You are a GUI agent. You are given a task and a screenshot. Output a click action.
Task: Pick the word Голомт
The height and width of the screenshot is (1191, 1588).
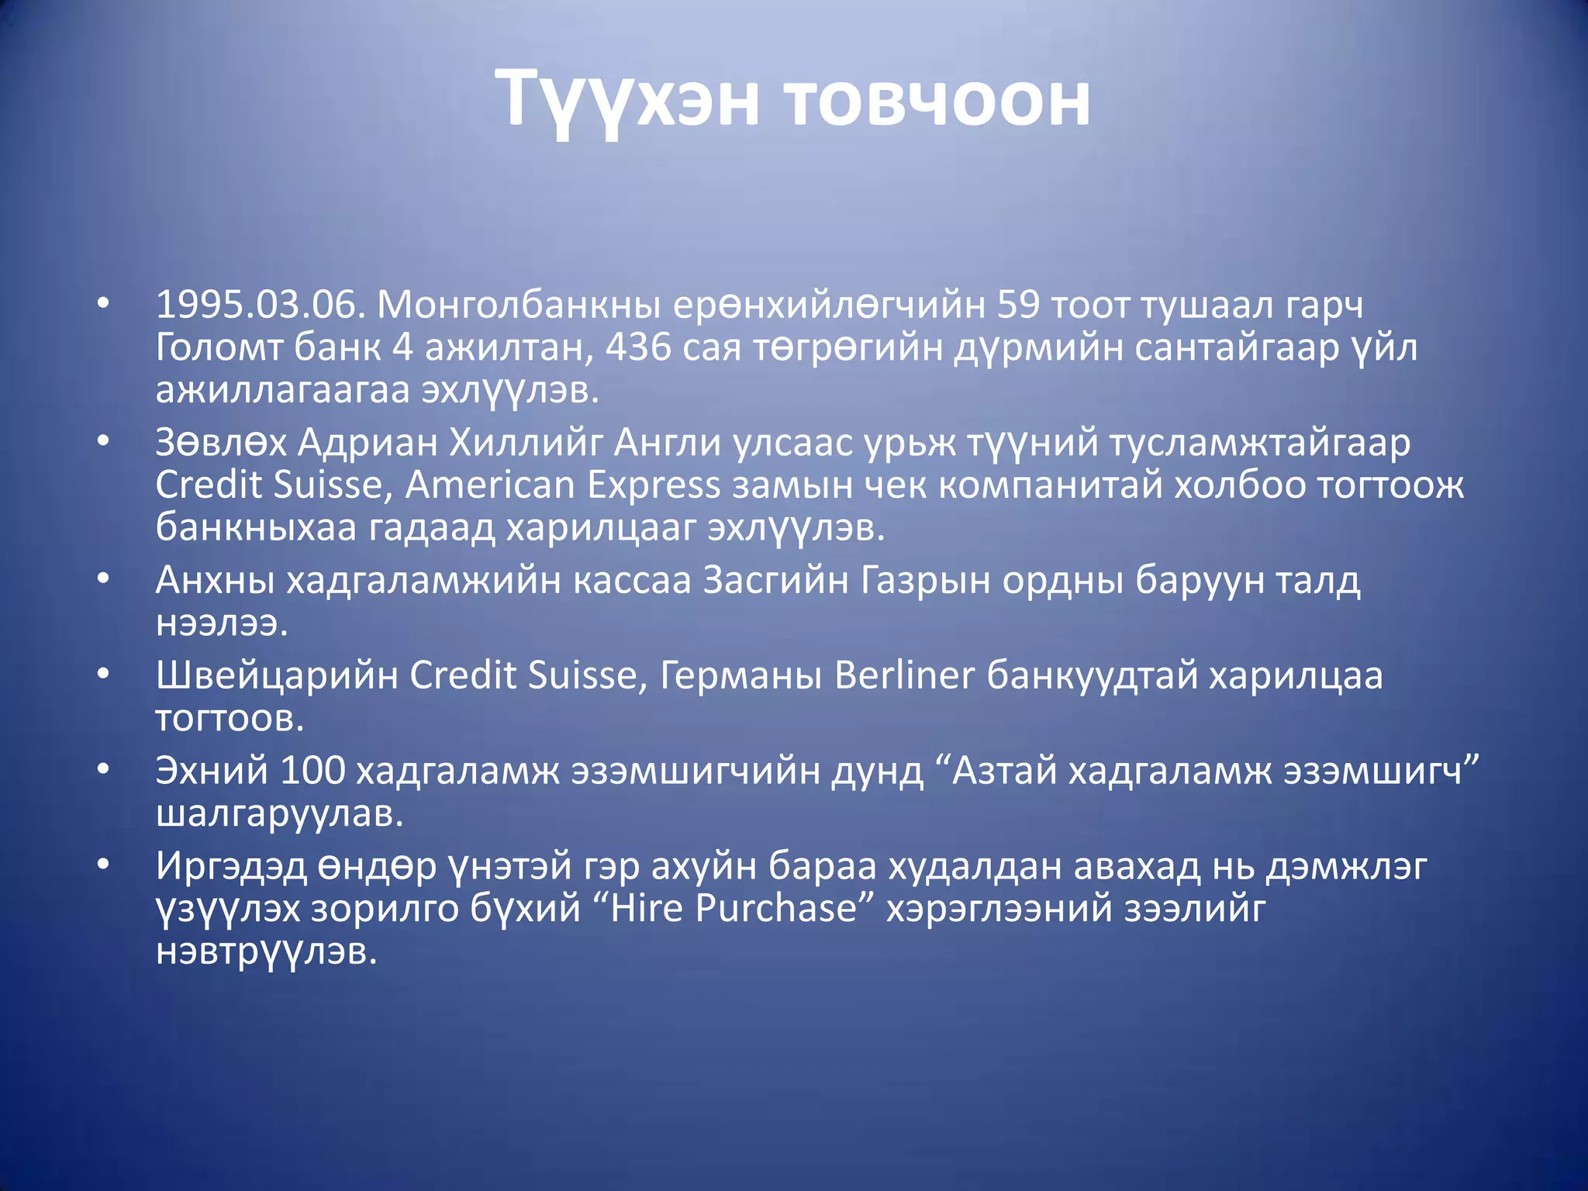click(x=219, y=347)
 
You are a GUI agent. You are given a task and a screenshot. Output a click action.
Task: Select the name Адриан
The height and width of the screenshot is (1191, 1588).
click(x=368, y=443)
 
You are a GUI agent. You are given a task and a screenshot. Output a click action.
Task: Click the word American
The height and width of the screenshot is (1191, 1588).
click(x=490, y=485)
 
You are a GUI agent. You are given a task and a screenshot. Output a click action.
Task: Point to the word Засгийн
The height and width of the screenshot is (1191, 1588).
click(x=775, y=580)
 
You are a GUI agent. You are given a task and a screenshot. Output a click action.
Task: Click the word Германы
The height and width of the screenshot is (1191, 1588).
click(x=740, y=675)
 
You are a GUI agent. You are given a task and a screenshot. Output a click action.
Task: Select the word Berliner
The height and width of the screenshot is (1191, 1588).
click(x=904, y=675)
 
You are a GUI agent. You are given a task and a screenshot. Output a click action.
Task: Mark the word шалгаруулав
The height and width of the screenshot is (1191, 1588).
click(x=280, y=813)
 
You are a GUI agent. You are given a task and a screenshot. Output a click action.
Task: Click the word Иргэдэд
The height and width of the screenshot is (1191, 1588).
click(x=231, y=866)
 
